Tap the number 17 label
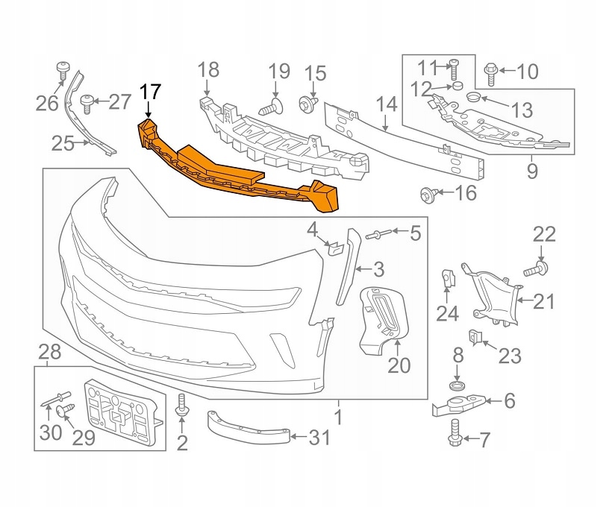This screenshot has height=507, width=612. coord(149,93)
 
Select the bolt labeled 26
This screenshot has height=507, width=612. coord(63,72)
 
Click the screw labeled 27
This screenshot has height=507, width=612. coord(87,101)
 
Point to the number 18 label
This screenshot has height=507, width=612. coord(208,70)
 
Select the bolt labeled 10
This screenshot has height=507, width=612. coord(490,72)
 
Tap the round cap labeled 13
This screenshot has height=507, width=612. coord(473,98)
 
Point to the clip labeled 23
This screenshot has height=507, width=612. coord(475,338)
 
